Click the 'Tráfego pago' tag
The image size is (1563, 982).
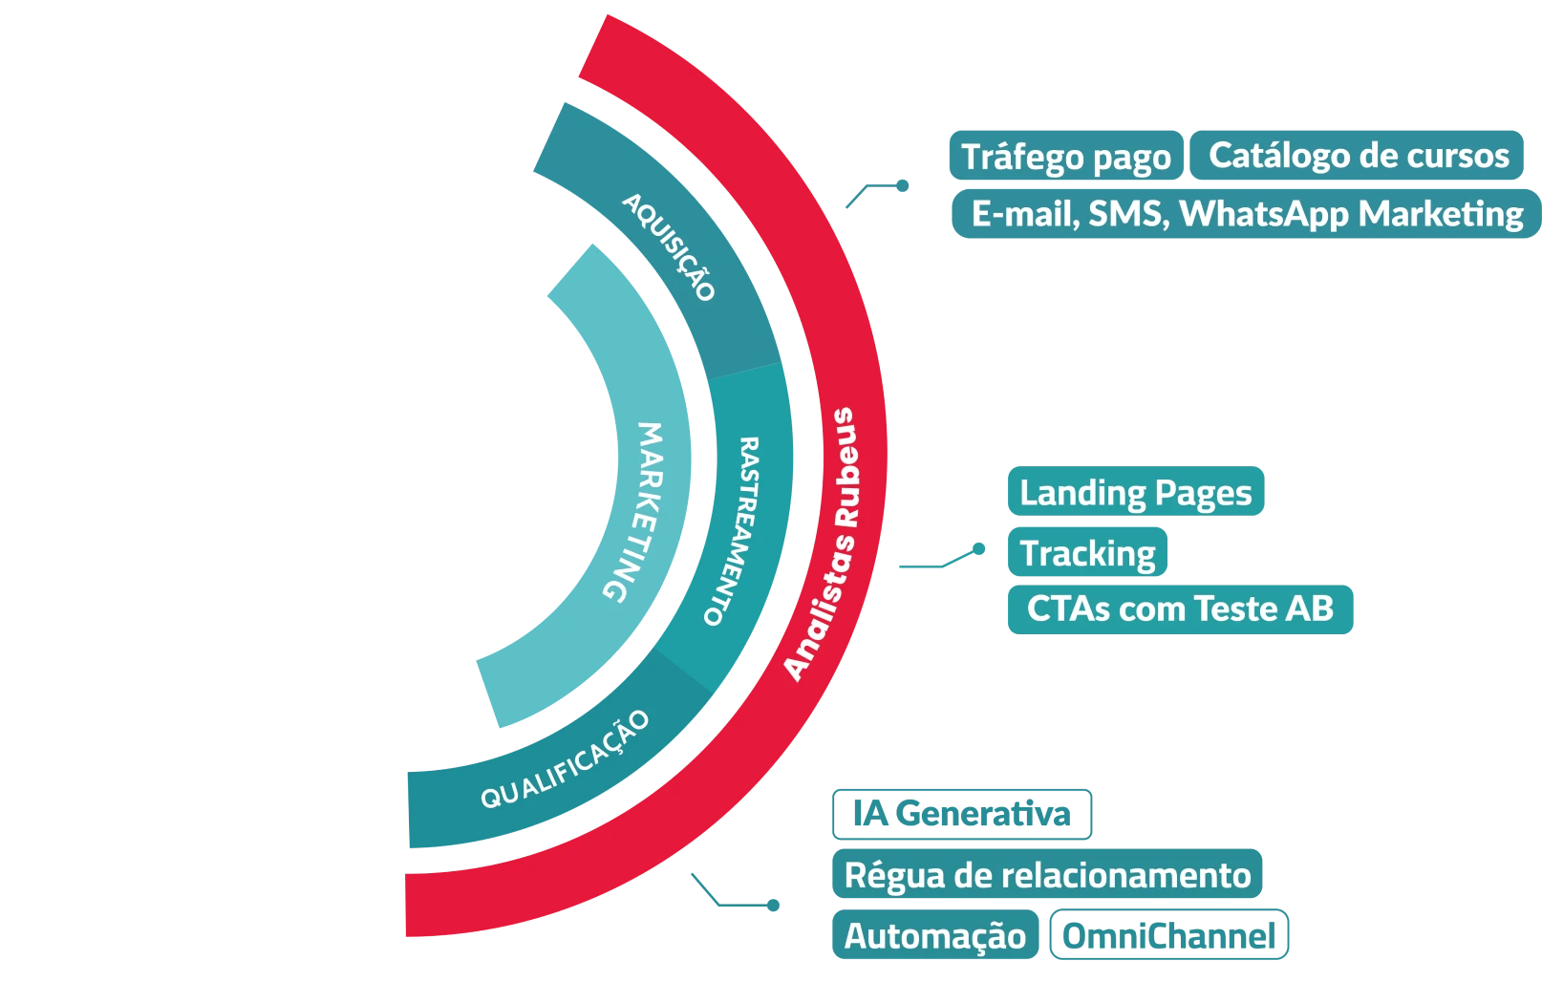tap(1065, 157)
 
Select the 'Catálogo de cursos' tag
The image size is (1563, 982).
tap(1358, 156)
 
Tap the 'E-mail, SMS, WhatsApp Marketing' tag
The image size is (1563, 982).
tap(1246, 214)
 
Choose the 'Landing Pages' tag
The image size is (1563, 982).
tap(1135, 493)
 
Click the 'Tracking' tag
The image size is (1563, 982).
tap(1087, 553)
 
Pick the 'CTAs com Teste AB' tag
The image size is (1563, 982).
tap(1180, 608)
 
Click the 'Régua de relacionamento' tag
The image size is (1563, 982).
tap(1048, 875)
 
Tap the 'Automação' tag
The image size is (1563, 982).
tap(934, 936)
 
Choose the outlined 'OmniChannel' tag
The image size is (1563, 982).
tap(1168, 936)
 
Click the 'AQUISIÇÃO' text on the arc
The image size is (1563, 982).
tap(669, 246)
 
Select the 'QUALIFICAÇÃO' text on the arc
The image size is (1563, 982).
tap(566, 760)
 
